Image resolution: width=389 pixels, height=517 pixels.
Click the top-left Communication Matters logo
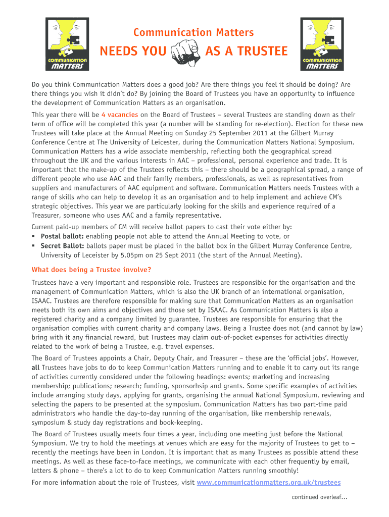click(67, 44)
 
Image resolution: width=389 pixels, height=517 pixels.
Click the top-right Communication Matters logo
click(322, 44)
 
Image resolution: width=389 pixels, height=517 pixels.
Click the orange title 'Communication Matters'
click(193, 33)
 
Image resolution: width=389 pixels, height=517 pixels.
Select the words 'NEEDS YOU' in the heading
click(133, 51)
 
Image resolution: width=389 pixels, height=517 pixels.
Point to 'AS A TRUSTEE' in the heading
click(247, 51)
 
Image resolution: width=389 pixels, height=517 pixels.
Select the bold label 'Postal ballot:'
click(63, 236)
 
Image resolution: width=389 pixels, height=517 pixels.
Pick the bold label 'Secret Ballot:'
click(63, 246)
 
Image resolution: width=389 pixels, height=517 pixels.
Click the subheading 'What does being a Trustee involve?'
click(91, 269)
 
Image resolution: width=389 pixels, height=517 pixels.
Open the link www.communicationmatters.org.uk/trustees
click(269, 482)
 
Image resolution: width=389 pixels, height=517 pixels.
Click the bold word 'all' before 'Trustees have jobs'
click(36, 368)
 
